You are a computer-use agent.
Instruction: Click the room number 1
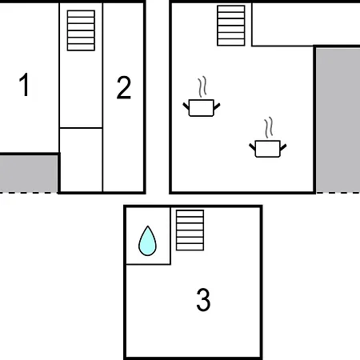25,84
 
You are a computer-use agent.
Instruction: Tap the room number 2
124,87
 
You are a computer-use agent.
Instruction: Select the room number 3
203,299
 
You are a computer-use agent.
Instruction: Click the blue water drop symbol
147,241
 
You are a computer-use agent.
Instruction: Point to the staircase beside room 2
81,30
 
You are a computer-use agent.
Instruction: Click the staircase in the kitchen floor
231,26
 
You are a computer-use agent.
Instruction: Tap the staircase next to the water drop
190,230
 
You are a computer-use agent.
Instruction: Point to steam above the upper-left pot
202,87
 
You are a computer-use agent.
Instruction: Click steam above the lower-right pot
269,127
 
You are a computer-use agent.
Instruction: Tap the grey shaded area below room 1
29,174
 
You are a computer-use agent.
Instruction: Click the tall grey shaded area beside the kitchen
338,120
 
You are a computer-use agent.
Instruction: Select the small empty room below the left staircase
81,160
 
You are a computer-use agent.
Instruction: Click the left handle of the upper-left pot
186,106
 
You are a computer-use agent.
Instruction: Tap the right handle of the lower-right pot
283,147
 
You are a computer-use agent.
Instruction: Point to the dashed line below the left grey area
29,193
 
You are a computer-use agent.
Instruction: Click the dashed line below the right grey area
338,193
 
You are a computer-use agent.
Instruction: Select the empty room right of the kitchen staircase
306,24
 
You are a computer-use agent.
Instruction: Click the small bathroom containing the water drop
148,236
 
